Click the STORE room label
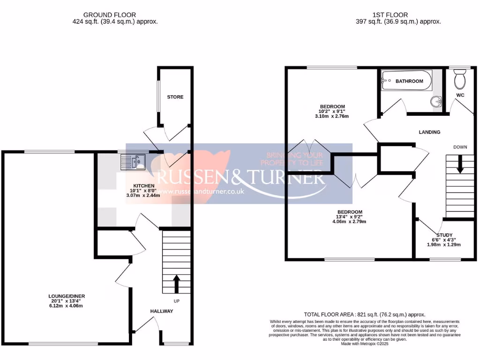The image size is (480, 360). [x=175, y=97]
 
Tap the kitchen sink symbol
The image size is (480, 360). [x=134, y=162]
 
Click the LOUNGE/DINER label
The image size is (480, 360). [x=66, y=296]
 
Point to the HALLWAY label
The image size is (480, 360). [x=162, y=311]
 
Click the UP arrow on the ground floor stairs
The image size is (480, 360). [x=176, y=284]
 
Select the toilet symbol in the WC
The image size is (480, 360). [x=459, y=78]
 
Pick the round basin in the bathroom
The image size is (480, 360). [x=436, y=101]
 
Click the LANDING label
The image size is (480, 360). [x=429, y=132]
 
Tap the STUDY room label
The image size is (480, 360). [x=444, y=235]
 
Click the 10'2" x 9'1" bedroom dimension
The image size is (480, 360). [x=333, y=111]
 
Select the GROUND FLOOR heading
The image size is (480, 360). [x=115, y=15]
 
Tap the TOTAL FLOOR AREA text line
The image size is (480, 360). [x=365, y=315]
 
